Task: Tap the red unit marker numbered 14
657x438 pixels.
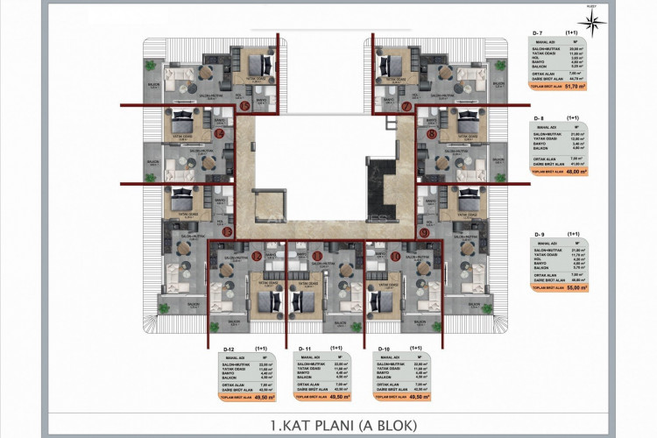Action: click(218, 134)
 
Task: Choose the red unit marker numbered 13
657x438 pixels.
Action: click(227, 232)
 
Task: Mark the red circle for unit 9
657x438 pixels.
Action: click(424, 233)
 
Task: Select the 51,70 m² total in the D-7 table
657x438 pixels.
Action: click(575, 87)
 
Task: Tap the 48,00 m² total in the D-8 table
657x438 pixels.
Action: click(575, 173)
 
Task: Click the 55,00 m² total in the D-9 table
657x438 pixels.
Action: click(575, 286)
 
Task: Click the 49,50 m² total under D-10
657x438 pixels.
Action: click(420, 397)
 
